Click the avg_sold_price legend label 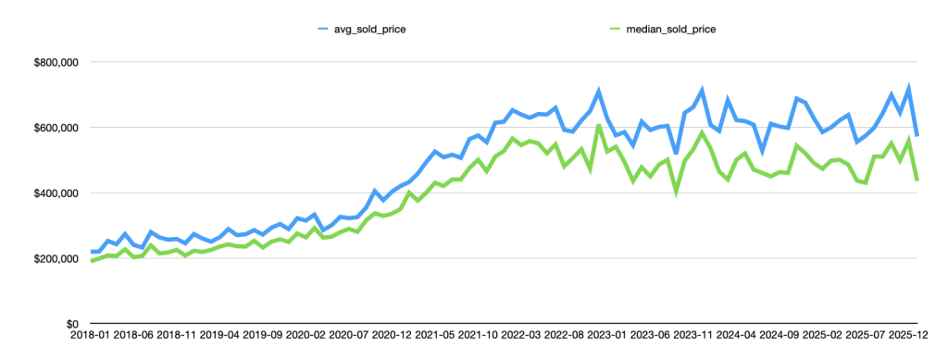[368, 29]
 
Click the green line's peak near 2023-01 [599, 125]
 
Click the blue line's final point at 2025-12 [917, 136]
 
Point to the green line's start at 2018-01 [92, 261]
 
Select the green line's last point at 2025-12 [917, 180]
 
